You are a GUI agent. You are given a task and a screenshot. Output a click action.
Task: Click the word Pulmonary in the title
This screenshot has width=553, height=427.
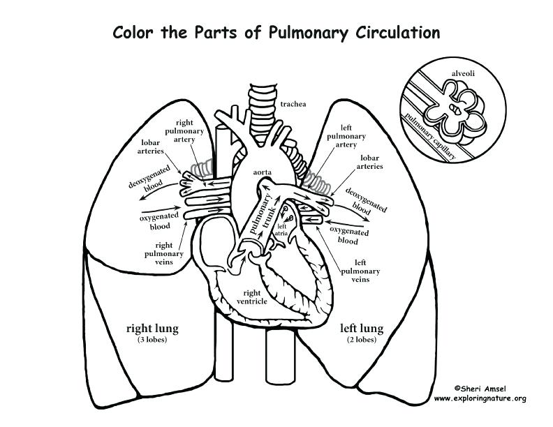coord(304,33)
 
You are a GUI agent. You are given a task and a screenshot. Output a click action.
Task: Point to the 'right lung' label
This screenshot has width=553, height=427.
coord(152,327)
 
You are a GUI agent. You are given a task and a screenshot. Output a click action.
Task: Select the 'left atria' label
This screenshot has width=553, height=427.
coord(282,230)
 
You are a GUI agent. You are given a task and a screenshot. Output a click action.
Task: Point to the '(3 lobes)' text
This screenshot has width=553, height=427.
coord(151,340)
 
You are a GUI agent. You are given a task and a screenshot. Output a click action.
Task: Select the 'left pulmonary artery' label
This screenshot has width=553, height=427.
coord(346,136)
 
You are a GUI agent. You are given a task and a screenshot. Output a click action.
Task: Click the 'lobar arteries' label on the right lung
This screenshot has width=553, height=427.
coord(151,146)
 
